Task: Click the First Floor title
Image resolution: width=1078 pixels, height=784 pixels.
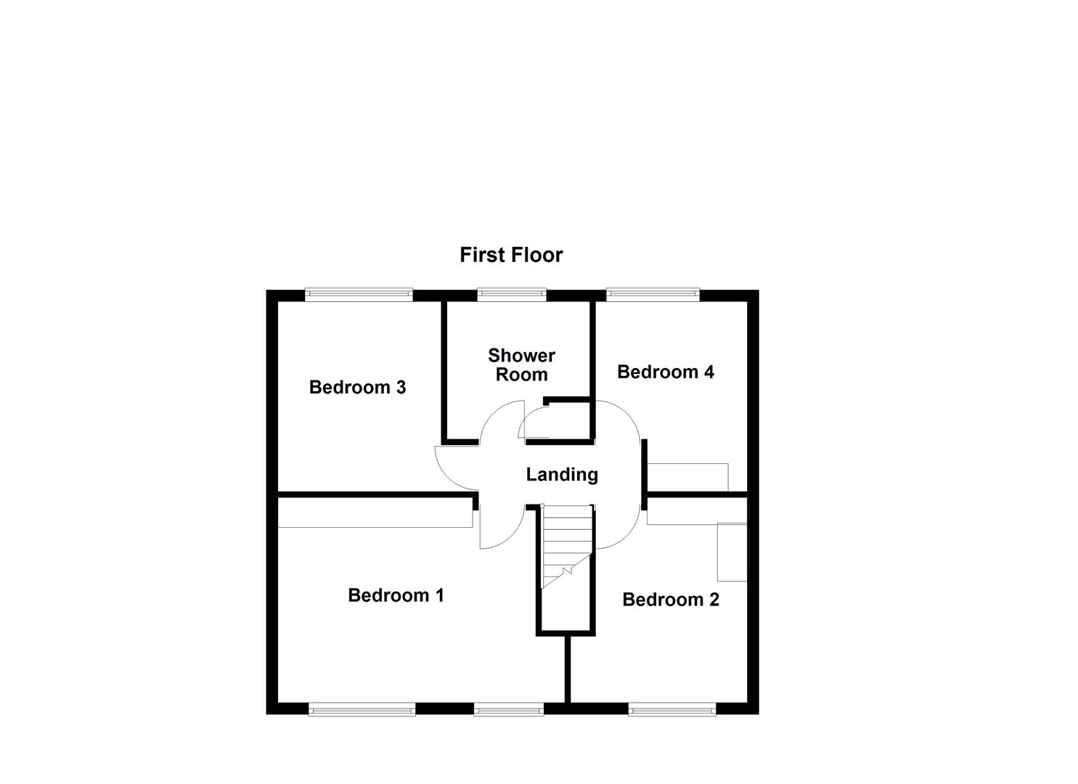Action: click(x=511, y=255)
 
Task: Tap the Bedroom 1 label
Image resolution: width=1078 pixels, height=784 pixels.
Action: click(x=396, y=595)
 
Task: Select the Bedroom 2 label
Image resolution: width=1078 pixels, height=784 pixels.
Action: click(x=670, y=600)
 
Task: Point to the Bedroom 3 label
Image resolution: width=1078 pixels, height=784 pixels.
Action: click(x=357, y=387)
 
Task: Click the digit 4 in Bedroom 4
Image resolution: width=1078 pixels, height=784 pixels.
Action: click(x=708, y=372)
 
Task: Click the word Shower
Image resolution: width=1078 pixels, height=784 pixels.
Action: click(x=521, y=356)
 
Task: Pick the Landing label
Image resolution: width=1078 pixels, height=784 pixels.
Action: click(x=562, y=475)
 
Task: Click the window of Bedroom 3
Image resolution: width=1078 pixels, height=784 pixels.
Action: click(x=359, y=294)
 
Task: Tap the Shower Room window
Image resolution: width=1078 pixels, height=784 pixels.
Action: click(x=511, y=294)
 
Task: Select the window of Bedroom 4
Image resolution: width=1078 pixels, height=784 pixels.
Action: click(x=653, y=294)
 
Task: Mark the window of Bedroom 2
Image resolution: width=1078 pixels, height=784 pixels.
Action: click(x=672, y=709)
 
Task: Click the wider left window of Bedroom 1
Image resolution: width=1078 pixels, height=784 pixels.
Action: click(x=362, y=709)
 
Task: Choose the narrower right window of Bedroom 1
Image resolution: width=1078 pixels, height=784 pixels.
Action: click(x=508, y=709)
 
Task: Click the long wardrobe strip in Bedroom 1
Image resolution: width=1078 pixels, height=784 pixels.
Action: click(x=374, y=516)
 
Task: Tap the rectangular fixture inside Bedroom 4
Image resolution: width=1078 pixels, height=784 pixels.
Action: click(x=687, y=477)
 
